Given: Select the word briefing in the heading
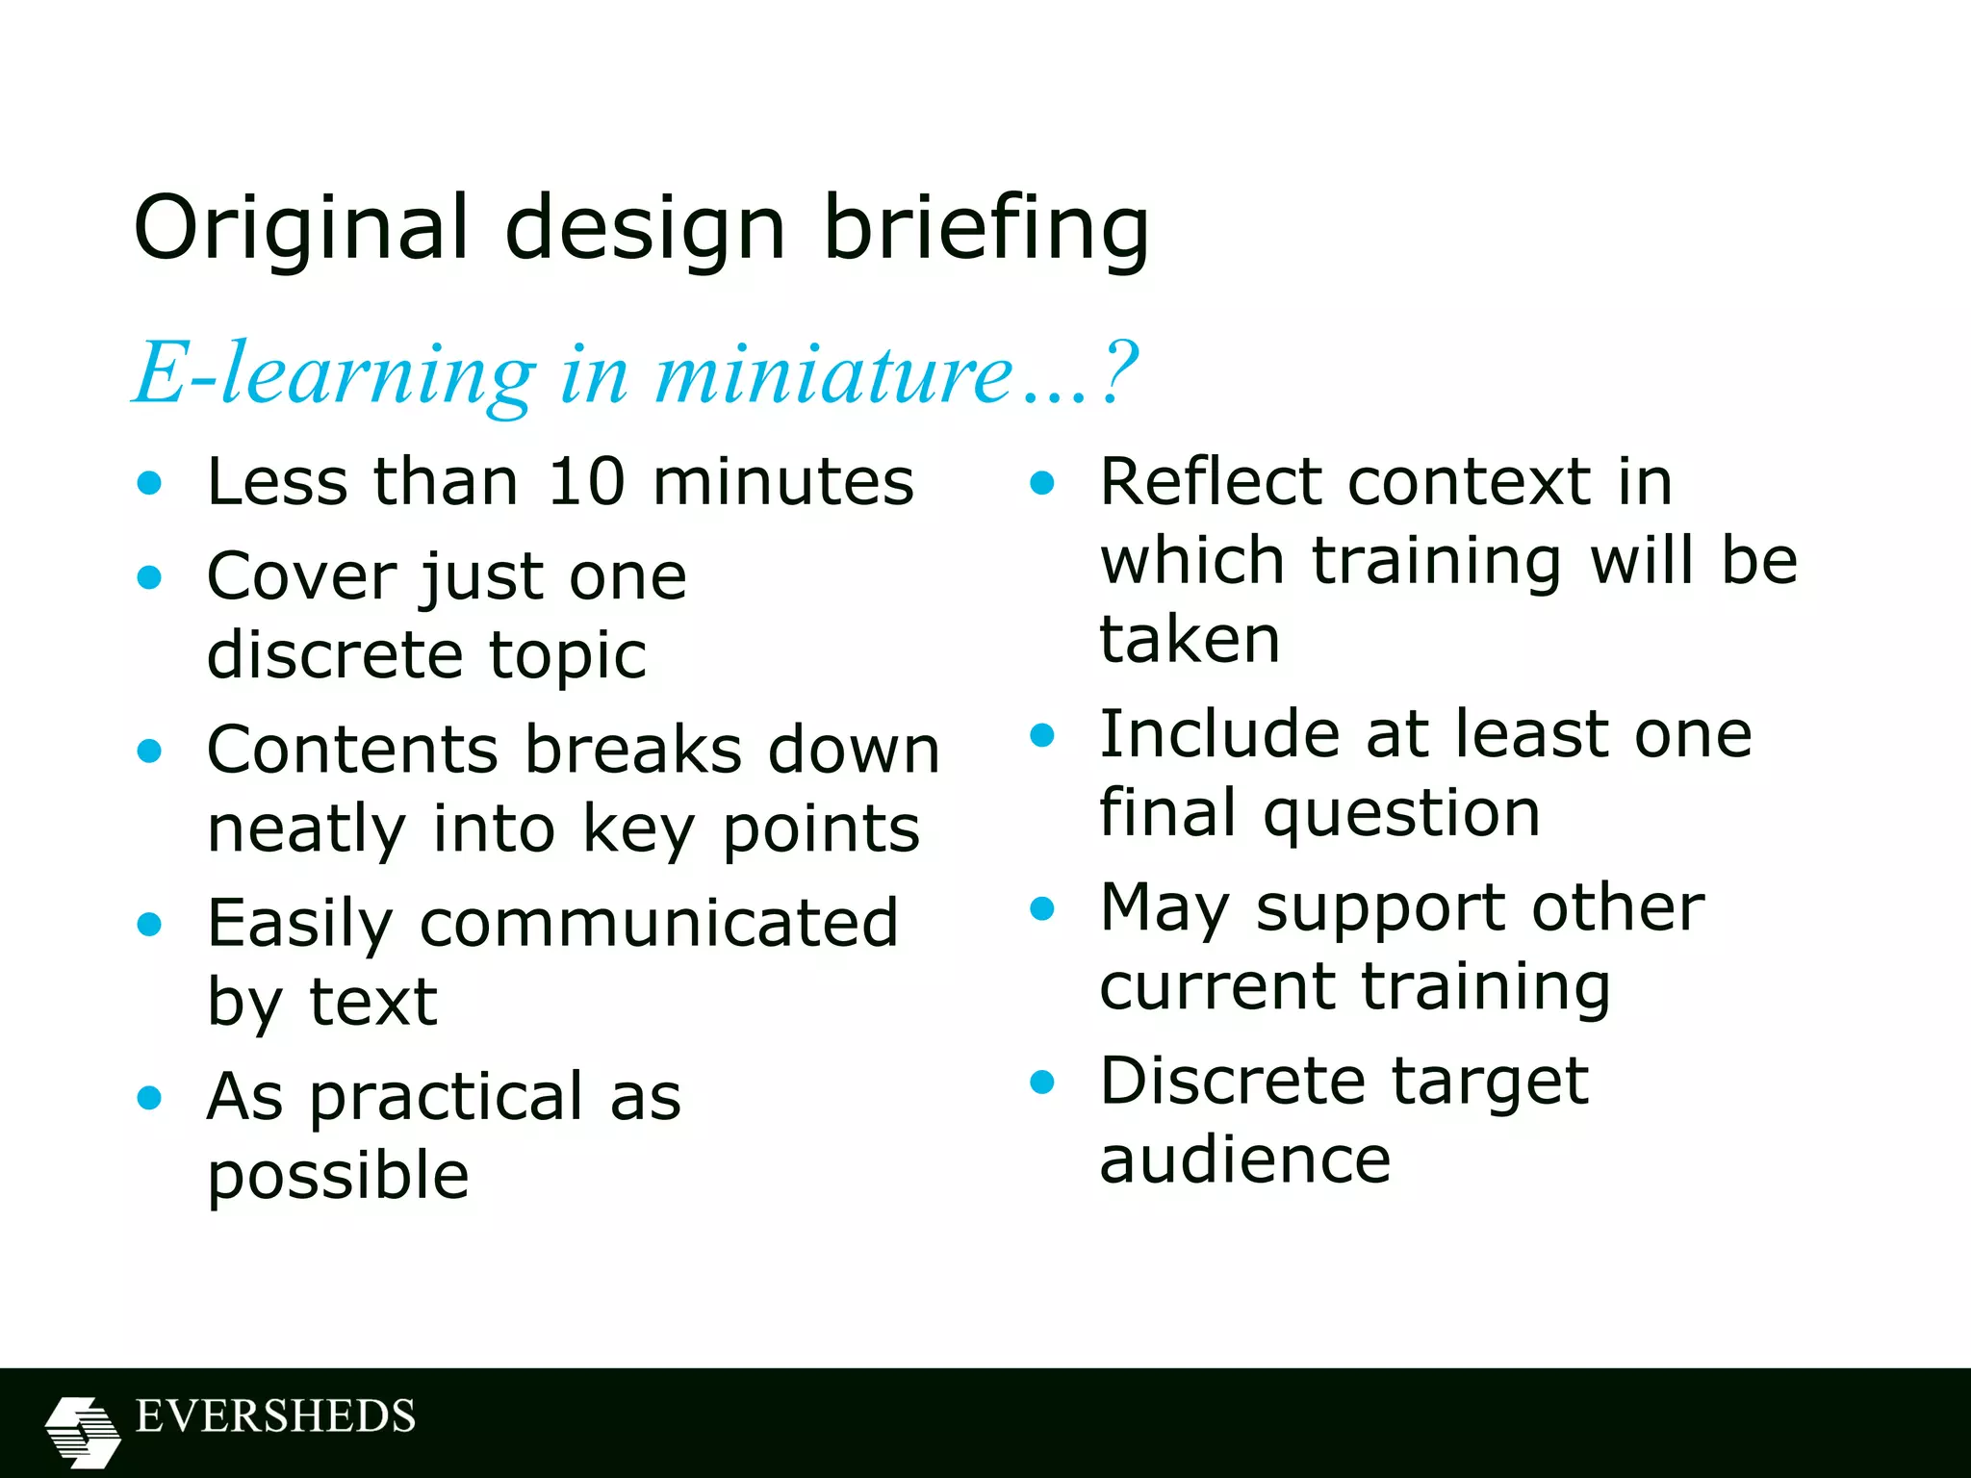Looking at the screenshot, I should [986, 228].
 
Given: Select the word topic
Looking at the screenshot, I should [568, 656].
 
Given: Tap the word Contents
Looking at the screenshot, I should [352, 750].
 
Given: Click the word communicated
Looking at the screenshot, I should [659, 923].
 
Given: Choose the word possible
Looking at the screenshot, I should [338, 1177].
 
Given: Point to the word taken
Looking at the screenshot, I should [1190, 639].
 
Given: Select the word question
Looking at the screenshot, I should [1401, 813].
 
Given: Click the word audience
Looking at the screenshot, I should [1245, 1159].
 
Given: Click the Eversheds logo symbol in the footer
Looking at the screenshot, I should [83, 1431].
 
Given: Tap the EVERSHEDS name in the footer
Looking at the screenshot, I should [275, 1416].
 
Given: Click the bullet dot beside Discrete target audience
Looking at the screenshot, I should [1042, 1082].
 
